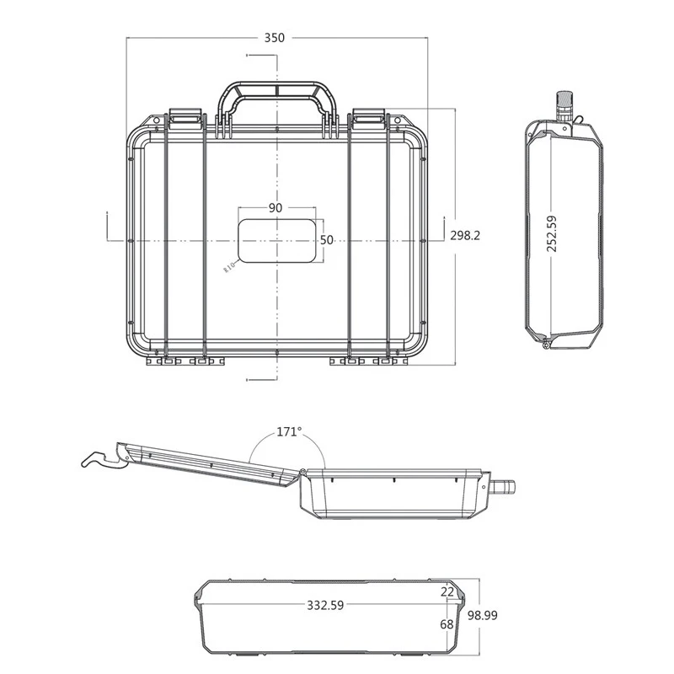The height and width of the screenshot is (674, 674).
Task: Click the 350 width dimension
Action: [275, 38]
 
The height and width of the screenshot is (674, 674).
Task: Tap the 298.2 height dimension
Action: [465, 236]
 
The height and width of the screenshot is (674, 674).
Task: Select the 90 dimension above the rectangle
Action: [275, 207]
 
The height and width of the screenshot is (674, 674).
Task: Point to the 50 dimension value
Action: [327, 240]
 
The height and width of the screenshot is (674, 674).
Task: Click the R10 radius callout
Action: [229, 267]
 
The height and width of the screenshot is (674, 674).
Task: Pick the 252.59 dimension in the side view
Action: [552, 233]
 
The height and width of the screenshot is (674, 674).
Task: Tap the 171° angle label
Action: [289, 431]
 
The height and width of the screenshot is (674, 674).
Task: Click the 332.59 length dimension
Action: [325, 605]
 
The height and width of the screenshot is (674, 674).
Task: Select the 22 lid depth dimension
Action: [447, 592]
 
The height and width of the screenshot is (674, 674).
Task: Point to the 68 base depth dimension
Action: [447, 624]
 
